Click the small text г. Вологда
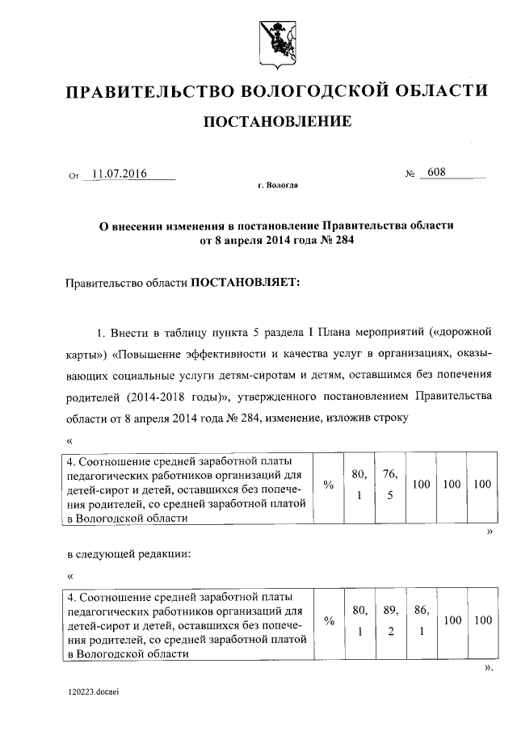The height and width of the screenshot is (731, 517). (x=278, y=186)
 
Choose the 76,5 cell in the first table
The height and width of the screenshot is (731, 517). (x=389, y=484)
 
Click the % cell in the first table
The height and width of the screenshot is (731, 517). (x=328, y=484)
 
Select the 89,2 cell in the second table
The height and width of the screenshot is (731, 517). (x=389, y=620)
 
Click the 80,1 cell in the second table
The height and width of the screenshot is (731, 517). (x=359, y=620)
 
